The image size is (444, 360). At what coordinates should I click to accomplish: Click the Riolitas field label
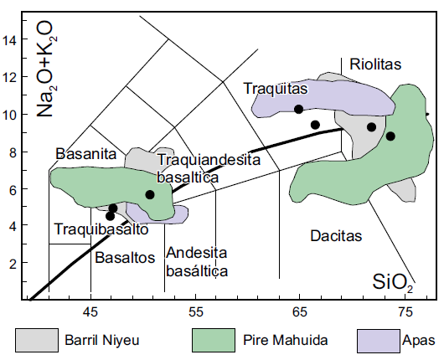point(376,64)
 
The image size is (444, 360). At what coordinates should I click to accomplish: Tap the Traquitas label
point(271,88)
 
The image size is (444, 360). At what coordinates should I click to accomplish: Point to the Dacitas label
point(335,236)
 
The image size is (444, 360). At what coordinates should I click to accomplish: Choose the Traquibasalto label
point(90,229)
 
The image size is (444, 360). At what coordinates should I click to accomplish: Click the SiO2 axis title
point(393,285)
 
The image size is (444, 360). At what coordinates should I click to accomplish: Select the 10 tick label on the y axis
point(11,115)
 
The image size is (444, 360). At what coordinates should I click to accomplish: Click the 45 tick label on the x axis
point(90,312)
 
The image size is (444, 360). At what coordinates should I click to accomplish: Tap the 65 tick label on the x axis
point(300,312)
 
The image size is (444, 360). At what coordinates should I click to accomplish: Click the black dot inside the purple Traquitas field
point(298,109)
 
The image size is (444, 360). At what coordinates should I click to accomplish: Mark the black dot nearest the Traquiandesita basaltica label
point(150,194)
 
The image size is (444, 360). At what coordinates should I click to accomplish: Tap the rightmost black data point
point(390,136)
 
